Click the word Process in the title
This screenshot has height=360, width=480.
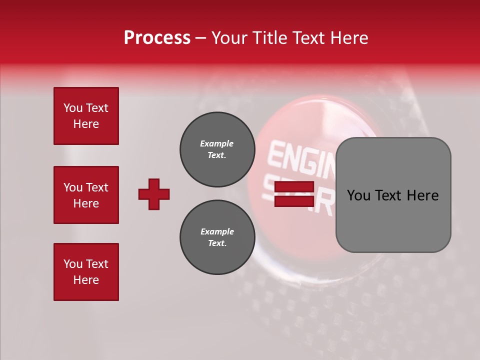(157, 38)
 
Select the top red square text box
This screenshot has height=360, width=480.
(86, 116)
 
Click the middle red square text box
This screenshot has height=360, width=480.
(86, 195)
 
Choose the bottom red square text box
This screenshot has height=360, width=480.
(86, 272)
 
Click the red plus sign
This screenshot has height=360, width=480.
(154, 194)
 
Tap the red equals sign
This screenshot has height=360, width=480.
(294, 194)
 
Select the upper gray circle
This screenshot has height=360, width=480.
(217, 149)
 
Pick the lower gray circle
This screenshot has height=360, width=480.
(217, 237)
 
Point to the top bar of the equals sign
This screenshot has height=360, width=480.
(294, 187)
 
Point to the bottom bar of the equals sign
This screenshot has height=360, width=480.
(294, 201)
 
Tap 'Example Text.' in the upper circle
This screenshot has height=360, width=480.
(217, 149)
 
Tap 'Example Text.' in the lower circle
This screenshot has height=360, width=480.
(217, 237)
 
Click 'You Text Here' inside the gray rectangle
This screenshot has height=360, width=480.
(393, 195)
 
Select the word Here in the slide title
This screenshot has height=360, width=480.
(349, 38)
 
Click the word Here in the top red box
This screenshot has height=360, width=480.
(86, 124)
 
